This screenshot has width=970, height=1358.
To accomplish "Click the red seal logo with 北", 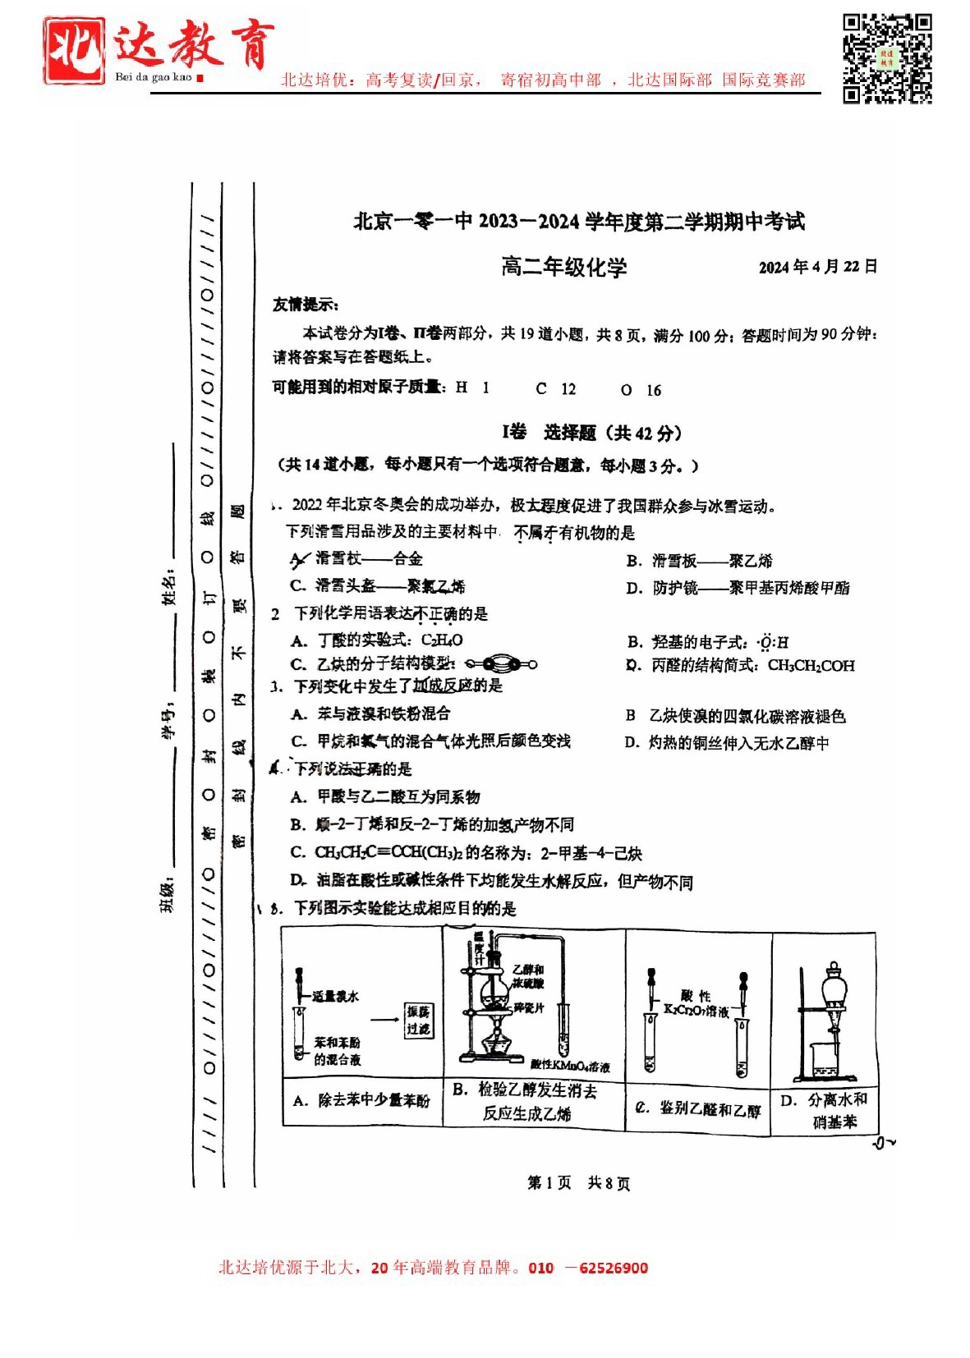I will pos(74,51).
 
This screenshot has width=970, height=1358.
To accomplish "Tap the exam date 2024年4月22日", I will pos(817,267).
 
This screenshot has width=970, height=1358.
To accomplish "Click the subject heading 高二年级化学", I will pos(563,267).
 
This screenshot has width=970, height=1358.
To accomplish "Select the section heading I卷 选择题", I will pos(591,433).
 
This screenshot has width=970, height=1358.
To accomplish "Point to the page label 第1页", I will pos(549,1182).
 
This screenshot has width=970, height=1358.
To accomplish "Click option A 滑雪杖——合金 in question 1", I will pos(357,559).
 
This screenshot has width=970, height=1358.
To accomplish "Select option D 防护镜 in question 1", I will pos(738,588).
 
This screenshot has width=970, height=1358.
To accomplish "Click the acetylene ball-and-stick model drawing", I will pos(500,664).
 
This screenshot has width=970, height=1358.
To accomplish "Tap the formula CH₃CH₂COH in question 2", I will pos(811,666).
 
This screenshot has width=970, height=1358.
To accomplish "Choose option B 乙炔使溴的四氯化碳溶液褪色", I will pos(735,716).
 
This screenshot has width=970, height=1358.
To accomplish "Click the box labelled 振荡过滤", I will pos(419,1020).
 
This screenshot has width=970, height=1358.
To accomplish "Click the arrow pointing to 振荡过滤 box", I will pos(384,1020).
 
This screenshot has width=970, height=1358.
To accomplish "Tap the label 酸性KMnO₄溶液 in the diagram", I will pos(570,1066).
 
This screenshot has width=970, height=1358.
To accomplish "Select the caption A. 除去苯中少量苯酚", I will pos(361,1100).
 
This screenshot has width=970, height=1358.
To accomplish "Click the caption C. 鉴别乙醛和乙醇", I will pos(700,1109).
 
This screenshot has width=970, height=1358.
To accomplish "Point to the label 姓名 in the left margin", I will pos(169,587).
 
